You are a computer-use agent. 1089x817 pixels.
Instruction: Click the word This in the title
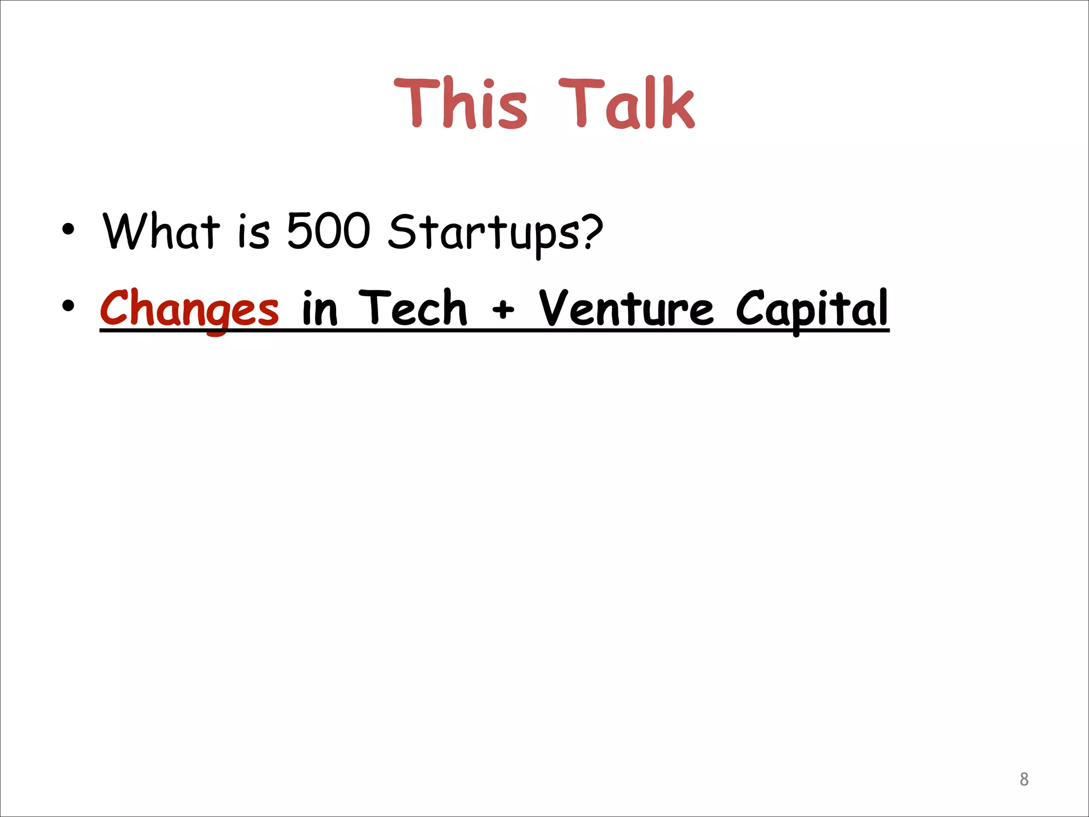point(460,103)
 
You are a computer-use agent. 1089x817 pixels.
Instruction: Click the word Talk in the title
point(626,103)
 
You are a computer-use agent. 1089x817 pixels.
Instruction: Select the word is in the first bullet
point(254,232)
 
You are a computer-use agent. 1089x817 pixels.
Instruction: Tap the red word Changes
point(189,309)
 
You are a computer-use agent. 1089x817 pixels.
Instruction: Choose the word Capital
point(812,309)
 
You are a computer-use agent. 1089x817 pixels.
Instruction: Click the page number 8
point(1024,779)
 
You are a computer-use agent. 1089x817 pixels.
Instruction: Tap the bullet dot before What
point(68,229)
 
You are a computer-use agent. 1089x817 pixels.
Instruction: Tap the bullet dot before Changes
point(68,306)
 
